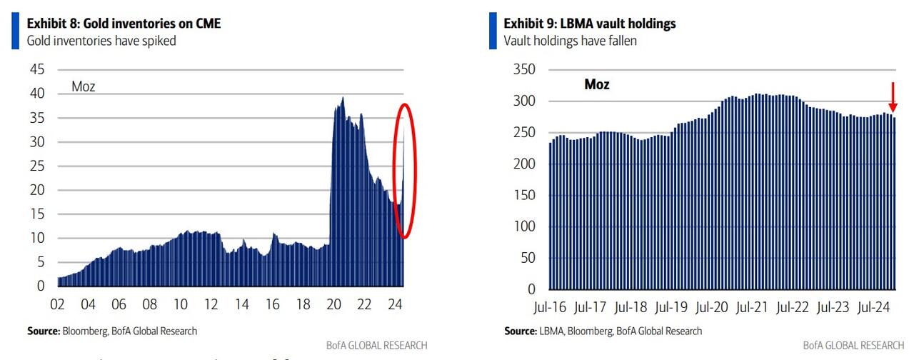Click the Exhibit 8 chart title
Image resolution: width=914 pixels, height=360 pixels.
124,24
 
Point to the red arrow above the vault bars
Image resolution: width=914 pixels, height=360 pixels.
893,96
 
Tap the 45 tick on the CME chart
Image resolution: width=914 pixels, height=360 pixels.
37,69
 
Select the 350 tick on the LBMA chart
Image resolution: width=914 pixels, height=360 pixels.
525,69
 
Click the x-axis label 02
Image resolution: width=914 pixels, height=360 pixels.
57,304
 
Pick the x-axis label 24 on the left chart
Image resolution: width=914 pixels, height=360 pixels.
395,304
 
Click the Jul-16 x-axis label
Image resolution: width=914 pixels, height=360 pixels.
549,309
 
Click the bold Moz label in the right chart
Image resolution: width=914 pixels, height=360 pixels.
597,84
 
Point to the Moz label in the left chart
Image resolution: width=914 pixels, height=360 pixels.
83,87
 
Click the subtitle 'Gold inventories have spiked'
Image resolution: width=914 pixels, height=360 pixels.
101,41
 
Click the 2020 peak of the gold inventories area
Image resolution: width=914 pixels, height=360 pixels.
343,98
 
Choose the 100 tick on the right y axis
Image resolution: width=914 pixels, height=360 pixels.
525,226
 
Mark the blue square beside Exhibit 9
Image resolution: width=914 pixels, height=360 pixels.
493,31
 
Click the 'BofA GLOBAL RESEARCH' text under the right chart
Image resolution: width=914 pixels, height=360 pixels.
854,345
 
